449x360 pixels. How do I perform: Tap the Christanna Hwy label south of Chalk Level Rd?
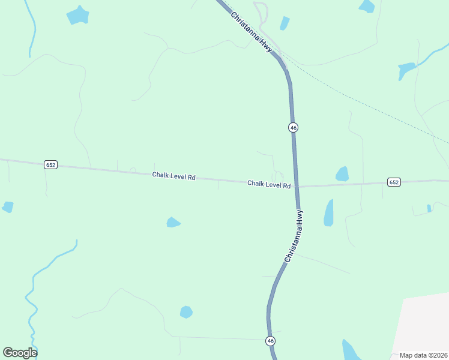[x=294, y=236]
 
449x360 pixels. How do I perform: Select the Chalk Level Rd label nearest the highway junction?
[x=269, y=184]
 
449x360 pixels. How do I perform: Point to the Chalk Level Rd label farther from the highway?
[x=174, y=176]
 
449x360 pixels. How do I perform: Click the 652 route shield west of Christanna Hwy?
[x=50, y=164]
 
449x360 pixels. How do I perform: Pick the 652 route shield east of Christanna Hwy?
[x=393, y=182]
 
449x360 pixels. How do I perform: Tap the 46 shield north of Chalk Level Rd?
[x=293, y=127]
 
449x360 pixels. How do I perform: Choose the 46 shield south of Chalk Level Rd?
[x=271, y=341]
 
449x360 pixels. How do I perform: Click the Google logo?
[x=20, y=352]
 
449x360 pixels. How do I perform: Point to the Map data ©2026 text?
[x=423, y=355]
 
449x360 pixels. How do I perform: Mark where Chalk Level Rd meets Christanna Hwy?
[x=296, y=186]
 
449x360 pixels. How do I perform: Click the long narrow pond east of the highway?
[x=328, y=213]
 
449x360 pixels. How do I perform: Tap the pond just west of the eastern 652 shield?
[x=342, y=174]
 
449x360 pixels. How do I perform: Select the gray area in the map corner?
[x=423, y=324]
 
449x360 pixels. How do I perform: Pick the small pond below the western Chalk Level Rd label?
[x=173, y=223]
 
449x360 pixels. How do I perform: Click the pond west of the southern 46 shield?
[x=186, y=312]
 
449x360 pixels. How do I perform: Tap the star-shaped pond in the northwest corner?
[x=77, y=15]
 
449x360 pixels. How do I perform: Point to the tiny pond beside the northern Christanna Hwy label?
[x=285, y=23]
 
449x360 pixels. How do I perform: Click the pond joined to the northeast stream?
[x=406, y=70]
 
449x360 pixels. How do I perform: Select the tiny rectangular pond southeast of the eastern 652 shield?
[x=429, y=208]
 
